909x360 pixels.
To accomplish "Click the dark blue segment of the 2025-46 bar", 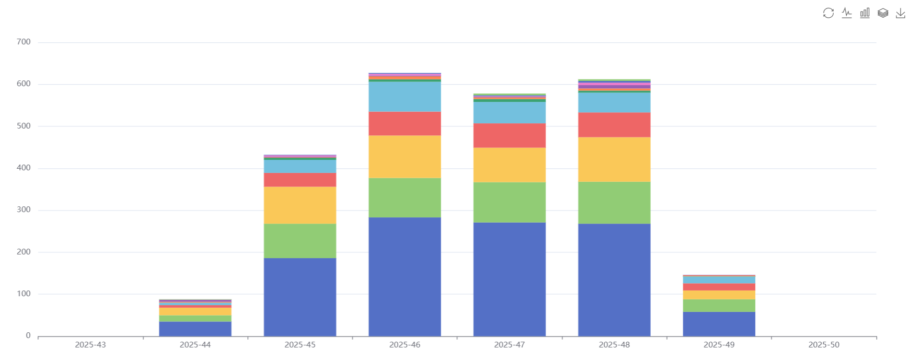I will pos(405,276).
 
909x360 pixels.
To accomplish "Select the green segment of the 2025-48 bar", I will pos(614,203).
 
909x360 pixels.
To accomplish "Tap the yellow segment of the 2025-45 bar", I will pos(300,205).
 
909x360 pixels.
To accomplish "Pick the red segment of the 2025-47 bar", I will pos(510,135).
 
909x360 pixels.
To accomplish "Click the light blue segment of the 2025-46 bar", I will pos(405,97).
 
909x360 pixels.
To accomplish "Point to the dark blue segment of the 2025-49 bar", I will pos(719,324).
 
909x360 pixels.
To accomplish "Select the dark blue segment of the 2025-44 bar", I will pos(195,329).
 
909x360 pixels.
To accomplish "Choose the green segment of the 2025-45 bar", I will pos(300,241).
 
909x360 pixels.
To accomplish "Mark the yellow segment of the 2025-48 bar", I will pos(614,159).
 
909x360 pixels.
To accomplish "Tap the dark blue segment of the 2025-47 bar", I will pos(510,279).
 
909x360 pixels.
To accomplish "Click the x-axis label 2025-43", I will pos(90,345).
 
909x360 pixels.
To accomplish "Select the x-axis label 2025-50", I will pos(824,345).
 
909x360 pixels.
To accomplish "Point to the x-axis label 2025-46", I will pos(405,345).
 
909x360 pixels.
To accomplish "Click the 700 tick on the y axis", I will pos(24,42).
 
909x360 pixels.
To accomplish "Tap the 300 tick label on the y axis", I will pos(24,210).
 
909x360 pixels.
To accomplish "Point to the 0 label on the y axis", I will pos(28,335).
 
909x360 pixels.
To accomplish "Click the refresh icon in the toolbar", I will pos(829,13).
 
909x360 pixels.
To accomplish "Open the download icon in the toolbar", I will pos(900,13).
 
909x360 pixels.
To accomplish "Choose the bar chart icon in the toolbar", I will pos(865,13).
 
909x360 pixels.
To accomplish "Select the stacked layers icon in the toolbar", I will pos(883,13).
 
